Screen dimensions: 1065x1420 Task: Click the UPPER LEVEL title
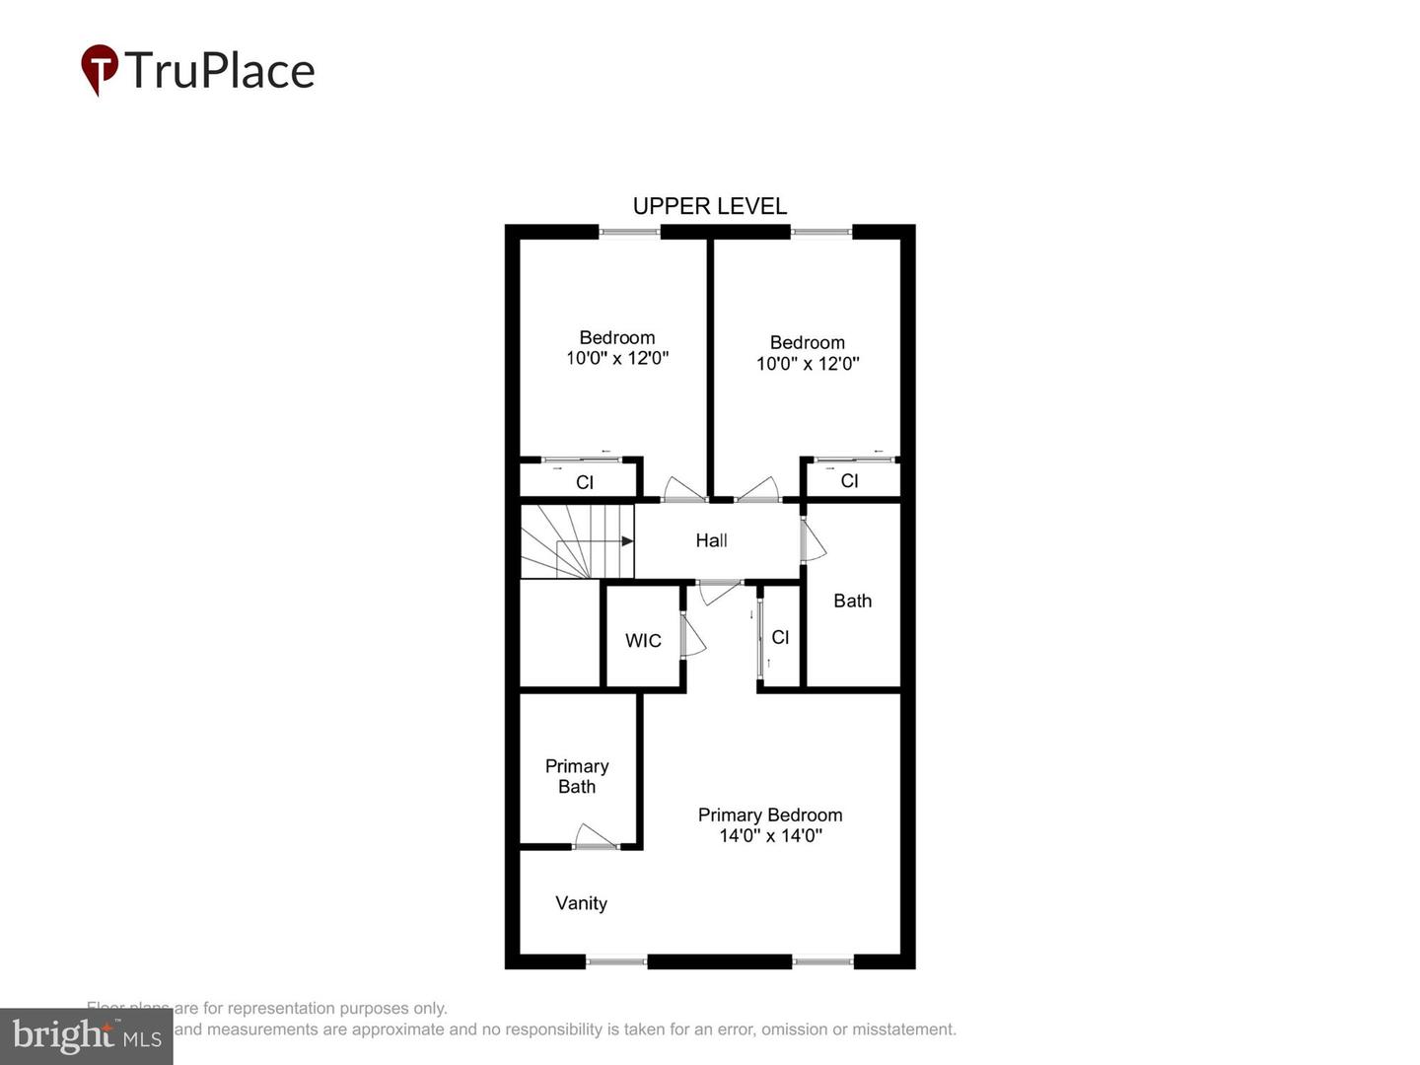click(710, 206)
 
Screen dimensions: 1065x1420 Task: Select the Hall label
click(711, 540)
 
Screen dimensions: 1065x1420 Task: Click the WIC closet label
click(643, 641)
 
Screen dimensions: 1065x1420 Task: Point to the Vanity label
click(581, 903)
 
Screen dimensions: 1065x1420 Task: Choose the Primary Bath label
click(577, 776)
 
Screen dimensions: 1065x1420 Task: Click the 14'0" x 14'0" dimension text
click(770, 836)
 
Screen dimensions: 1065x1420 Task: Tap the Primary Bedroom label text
click(770, 815)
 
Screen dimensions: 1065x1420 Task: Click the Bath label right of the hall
click(852, 601)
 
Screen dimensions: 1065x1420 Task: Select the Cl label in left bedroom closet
click(585, 482)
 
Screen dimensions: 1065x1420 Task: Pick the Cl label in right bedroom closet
click(849, 481)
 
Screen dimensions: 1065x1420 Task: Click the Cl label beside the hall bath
click(780, 638)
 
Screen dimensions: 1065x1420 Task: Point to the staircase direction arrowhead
click(627, 540)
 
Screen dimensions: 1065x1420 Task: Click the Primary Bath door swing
click(595, 836)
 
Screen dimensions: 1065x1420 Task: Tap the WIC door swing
click(693, 637)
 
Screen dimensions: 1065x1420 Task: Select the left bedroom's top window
click(629, 233)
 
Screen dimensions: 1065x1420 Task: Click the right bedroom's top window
click(820, 233)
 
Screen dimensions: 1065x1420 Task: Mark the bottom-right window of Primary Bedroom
click(822, 961)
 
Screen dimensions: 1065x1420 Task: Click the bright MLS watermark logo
click(87, 1035)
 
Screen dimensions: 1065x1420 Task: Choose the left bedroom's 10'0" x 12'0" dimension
click(617, 359)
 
